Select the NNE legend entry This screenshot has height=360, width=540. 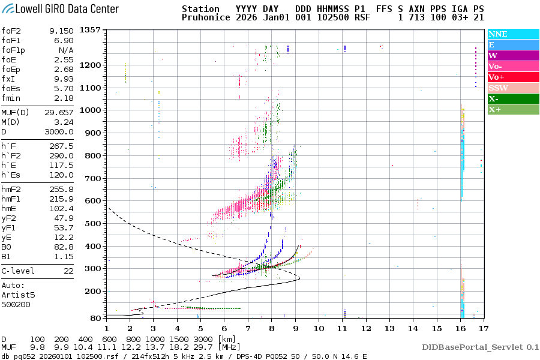498,34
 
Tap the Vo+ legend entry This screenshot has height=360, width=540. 496,77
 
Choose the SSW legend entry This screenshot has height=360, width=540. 498,88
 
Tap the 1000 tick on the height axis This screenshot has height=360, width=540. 91,110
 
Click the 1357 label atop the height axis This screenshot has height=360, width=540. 91,30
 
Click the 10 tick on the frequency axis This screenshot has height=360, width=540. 319,328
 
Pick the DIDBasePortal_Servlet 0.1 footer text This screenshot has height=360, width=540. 480,347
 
